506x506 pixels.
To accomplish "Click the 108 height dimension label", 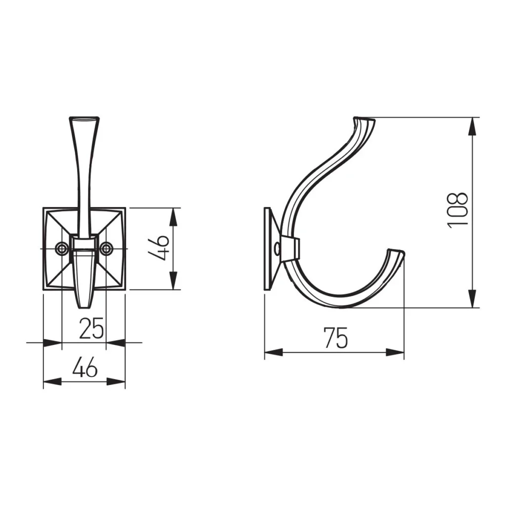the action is pyautogui.click(x=458, y=211).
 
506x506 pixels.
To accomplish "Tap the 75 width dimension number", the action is pyautogui.click(x=336, y=338).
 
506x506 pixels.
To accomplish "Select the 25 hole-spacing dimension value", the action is pyautogui.click(x=91, y=328).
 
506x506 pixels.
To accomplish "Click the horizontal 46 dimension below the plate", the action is pyautogui.click(x=84, y=367).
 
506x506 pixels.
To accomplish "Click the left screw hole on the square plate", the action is pyautogui.click(x=61, y=249).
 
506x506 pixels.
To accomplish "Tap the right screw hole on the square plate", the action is pyautogui.click(x=106, y=249).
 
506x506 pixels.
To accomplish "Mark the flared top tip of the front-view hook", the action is pyautogui.click(x=84, y=119).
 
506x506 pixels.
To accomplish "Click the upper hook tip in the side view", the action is pyautogui.click(x=364, y=120).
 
